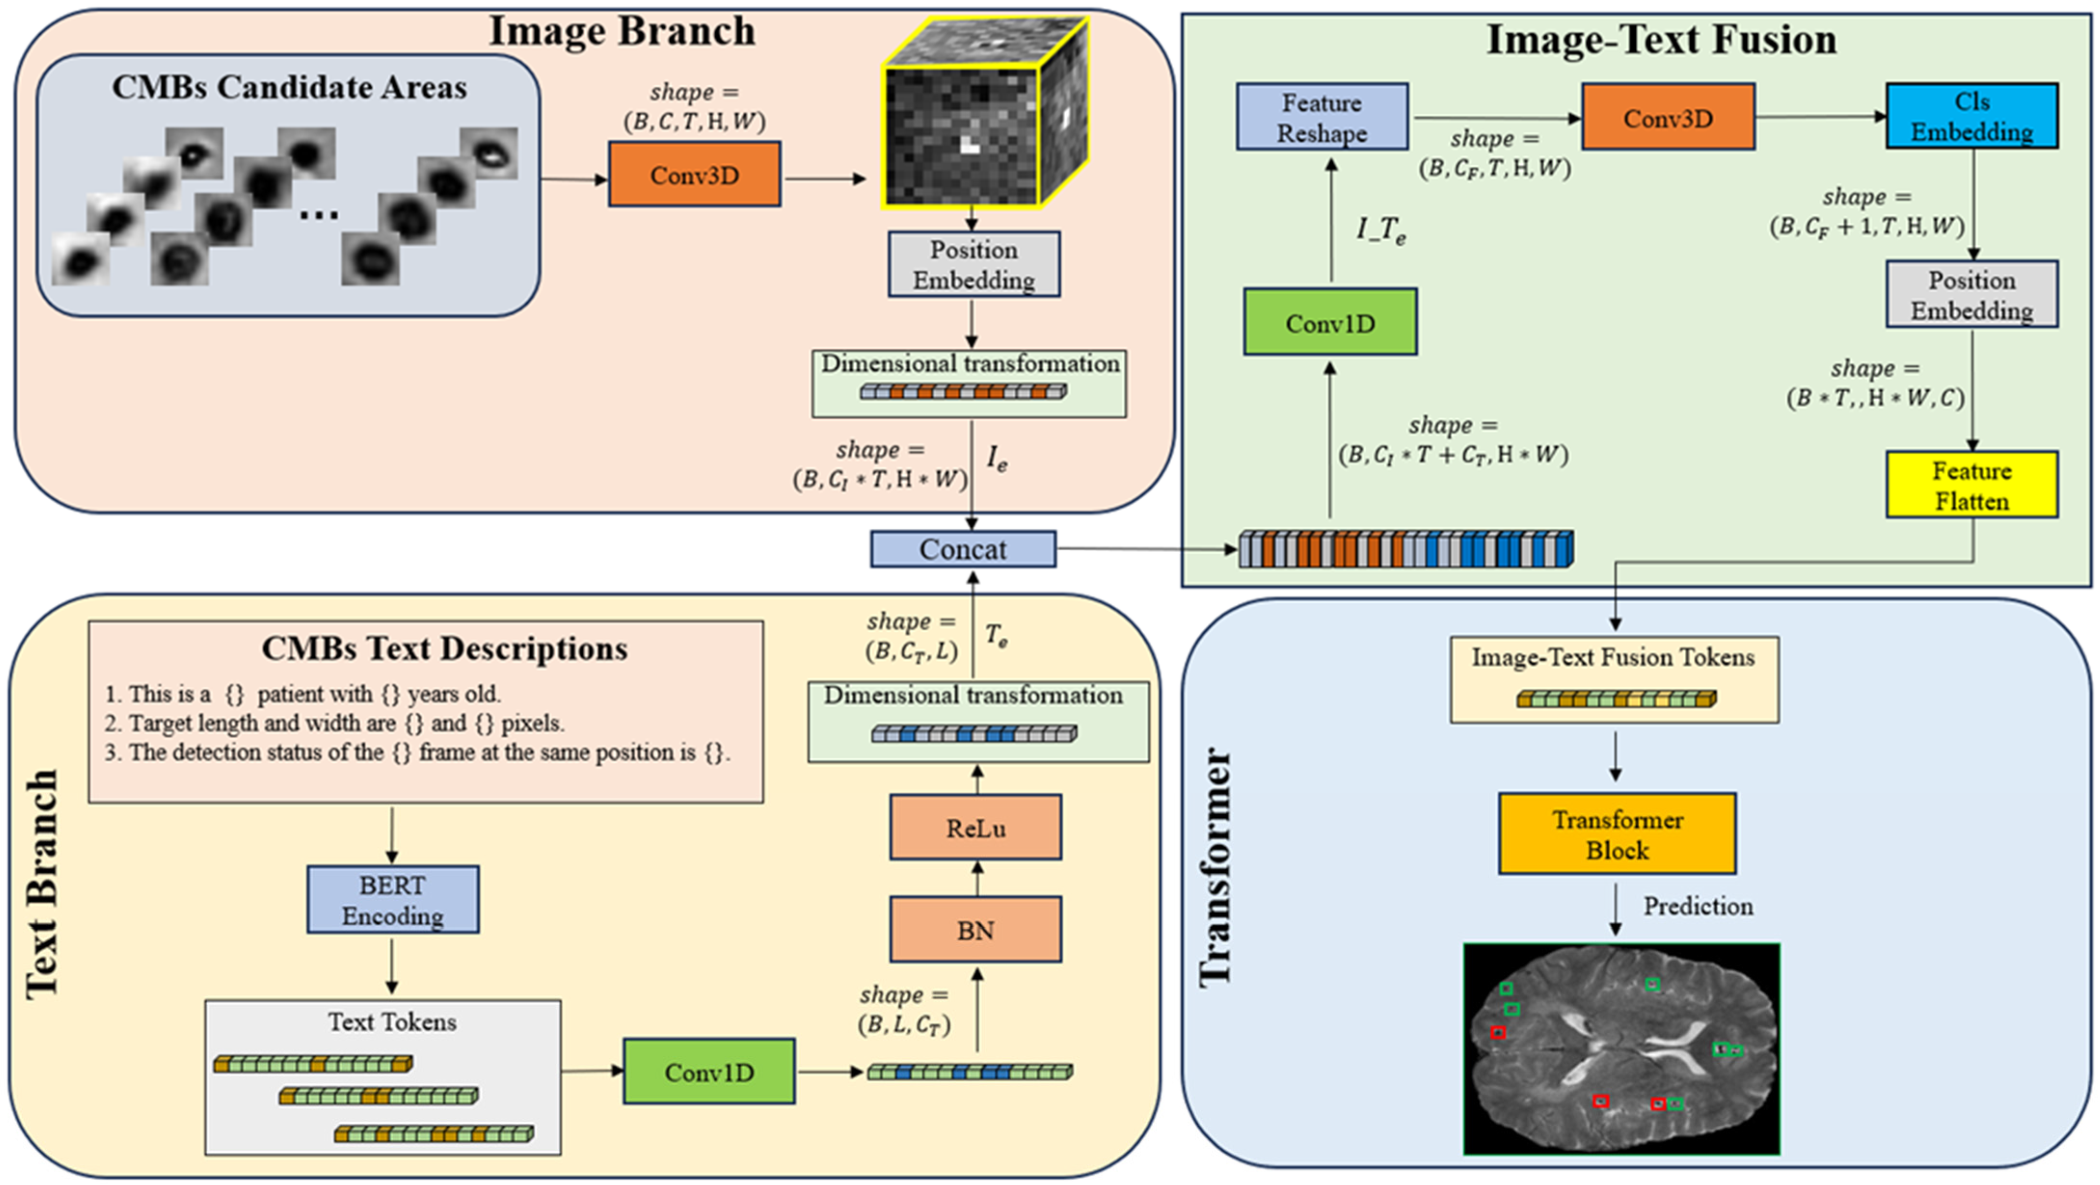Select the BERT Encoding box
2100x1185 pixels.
(x=393, y=900)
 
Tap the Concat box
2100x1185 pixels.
(x=963, y=549)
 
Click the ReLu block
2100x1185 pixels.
(x=976, y=827)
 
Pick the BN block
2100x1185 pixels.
(x=976, y=930)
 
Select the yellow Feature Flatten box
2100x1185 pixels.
(x=1971, y=485)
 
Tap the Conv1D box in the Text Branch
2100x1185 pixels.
(x=709, y=1072)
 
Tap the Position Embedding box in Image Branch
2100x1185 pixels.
(x=974, y=264)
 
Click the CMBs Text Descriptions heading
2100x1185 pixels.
(x=444, y=649)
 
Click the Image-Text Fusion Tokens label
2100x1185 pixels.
(x=1613, y=658)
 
